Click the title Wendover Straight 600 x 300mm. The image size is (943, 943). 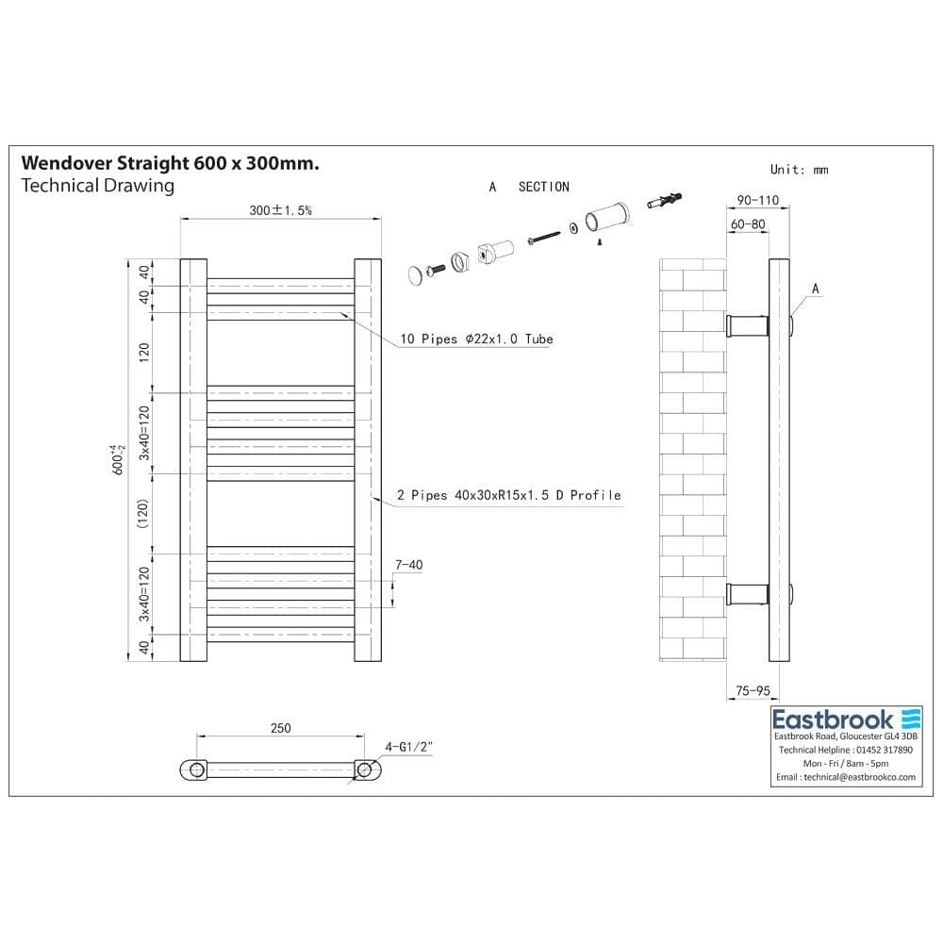coord(170,163)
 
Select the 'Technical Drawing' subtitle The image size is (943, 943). coord(97,186)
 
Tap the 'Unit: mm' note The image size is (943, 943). coord(799,170)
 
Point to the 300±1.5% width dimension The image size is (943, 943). coord(281,210)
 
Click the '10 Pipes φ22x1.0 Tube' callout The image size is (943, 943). coord(476,339)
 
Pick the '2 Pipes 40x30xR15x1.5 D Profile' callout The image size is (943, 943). coord(510,494)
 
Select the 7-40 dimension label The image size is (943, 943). coord(408,565)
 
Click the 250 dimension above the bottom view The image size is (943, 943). coord(280,727)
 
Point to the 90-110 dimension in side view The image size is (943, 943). coord(758,200)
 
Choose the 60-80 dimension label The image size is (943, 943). coord(747,224)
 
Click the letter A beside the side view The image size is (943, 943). coord(816,288)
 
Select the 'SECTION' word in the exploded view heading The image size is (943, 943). coord(544,187)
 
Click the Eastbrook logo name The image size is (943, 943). coord(834,719)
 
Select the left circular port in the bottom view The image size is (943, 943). coord(196,769)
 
